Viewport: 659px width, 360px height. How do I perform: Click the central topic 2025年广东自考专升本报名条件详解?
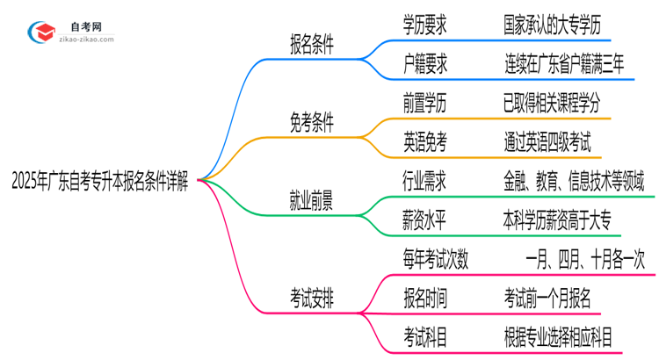pos(100,182)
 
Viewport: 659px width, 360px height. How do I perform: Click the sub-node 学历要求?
pos(425,25)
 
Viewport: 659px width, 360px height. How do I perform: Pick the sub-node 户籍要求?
pos(425,64)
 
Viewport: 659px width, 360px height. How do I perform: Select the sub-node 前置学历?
pos(425,103)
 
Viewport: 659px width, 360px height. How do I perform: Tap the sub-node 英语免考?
pos(425,141)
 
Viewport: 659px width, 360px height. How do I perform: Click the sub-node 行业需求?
pos(425,181)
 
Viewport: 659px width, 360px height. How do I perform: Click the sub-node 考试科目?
pos(425,336)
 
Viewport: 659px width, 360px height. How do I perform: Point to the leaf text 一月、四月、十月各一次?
pos(585,259)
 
